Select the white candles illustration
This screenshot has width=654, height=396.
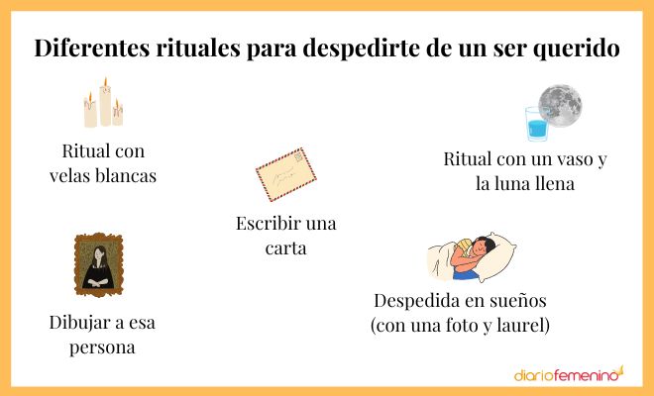[103, 106]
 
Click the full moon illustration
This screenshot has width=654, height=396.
[561, 105]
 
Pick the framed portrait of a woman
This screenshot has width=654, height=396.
[96, 265]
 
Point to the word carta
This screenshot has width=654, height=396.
[285, 247]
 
